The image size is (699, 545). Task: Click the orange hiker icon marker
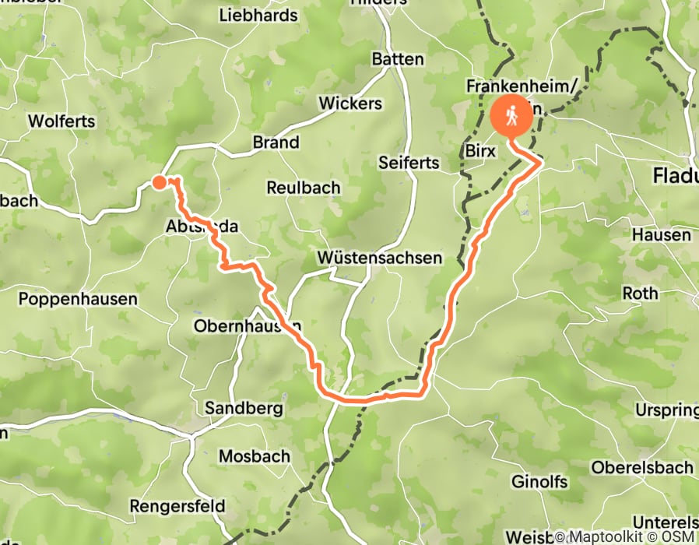click(x=512, y=118)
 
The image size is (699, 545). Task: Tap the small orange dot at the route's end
click(x=159, y=182)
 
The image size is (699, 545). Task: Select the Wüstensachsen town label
click(x=380, y=258)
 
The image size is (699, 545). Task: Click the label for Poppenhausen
click(x=78, y=299)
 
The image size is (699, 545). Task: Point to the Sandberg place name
click(x=232, y=408)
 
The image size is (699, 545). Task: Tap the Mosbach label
click(x=255, y=456)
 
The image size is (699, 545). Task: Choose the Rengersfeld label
click(x=177, y=506)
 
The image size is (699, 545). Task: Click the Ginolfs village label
click(x=541, y=482)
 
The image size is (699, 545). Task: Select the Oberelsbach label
click(x=642, y=468)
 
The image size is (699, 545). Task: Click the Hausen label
click(x=661, y=234)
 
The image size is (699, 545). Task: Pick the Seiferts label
click(x=409, y=163)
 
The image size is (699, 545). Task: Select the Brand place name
click(x=276, y=142)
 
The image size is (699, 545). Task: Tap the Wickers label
click(x=350, y=104)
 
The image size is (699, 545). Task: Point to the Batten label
click(x=398, y=59)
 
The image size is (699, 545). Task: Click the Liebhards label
click(x=258, y=15)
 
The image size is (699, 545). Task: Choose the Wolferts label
click(x=61, y=121)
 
